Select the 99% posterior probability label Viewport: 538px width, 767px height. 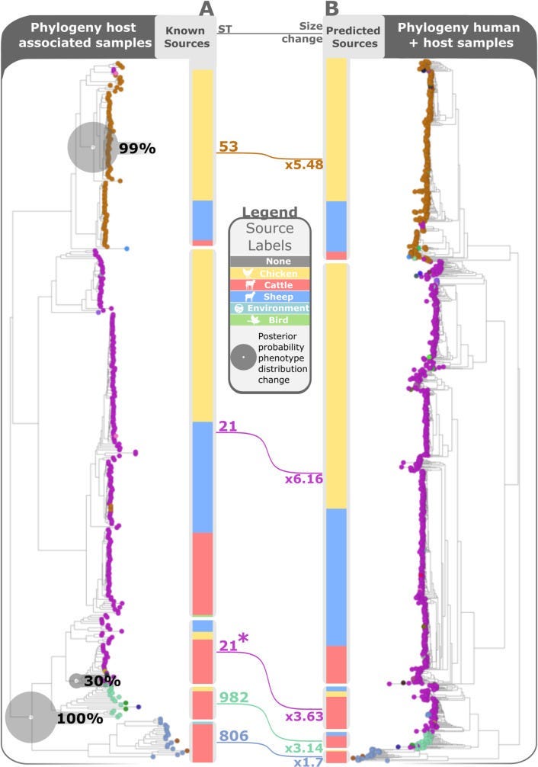137,149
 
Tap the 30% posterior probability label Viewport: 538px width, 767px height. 103,680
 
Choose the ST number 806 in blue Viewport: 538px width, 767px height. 233,737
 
